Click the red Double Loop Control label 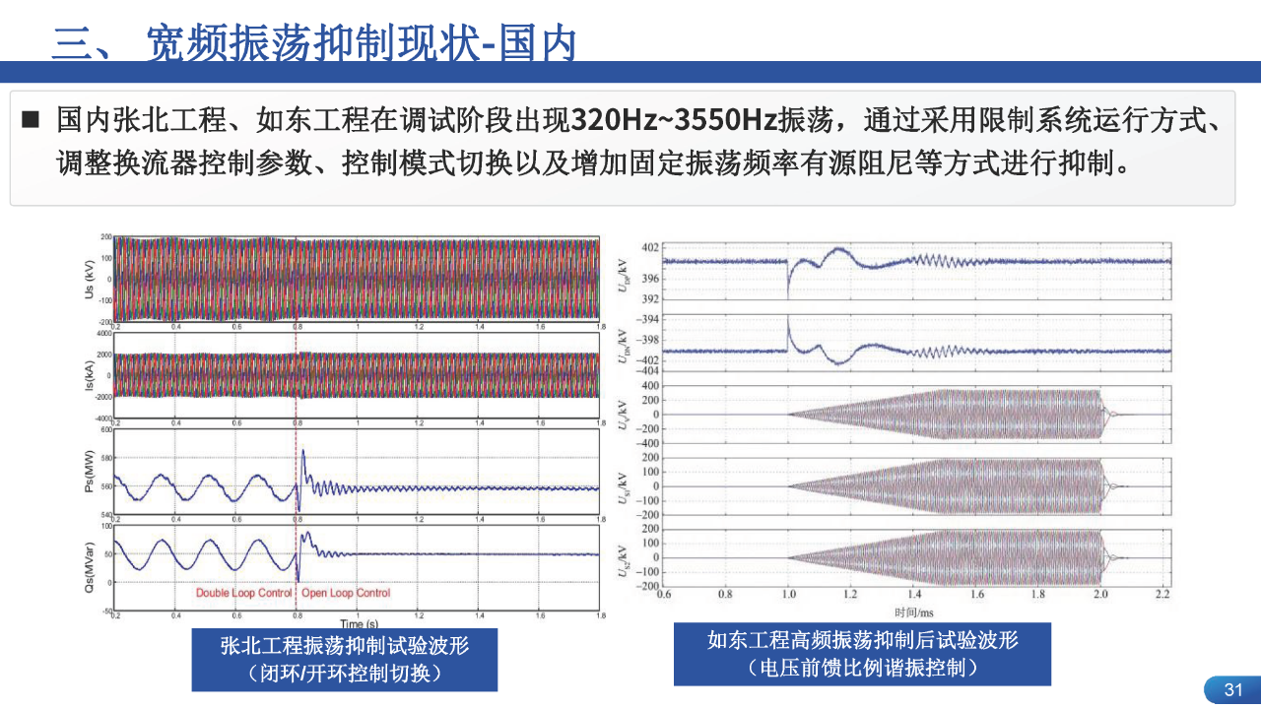244,593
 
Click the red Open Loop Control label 346,593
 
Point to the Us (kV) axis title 92,281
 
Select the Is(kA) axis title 92,375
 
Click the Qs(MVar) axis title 92,567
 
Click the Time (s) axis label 359,623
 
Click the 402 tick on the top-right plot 651,247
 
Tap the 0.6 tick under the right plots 663,595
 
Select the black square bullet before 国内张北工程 31,121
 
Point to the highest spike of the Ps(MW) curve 303,451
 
